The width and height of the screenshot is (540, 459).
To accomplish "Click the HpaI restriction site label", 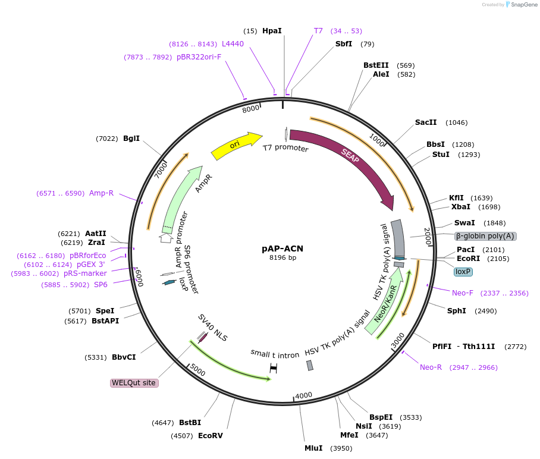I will (x=272, y=30).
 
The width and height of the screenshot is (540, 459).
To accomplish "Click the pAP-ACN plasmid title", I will (x=282, y=249).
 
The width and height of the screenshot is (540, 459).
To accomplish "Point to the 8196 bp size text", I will (x=282, y=257).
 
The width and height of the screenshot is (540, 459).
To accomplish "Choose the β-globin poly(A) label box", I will (x=485, y=236).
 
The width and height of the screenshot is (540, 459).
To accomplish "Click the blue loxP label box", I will (x=463, y=272).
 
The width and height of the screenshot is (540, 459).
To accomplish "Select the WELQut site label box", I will (x=134, y=383).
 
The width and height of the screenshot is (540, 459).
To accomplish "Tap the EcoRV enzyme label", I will (x=210, y=436).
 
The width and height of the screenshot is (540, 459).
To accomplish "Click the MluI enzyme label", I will (x=313, y=448).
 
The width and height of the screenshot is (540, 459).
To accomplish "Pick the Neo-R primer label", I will (x=431, y=367).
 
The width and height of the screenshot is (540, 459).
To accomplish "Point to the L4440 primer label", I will (x=233, y=44).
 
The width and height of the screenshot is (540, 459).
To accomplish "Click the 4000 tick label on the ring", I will (x=304, y=395).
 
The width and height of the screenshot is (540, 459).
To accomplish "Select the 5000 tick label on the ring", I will (x=197, y=372).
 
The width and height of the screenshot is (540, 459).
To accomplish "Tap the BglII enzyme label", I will (x=131, y=139).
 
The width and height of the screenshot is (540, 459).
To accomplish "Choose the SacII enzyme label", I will (x=426, y=122).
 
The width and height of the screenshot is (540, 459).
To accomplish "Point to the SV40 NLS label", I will (x=213, y=328).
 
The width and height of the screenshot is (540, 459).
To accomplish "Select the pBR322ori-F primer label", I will (x=199, y=57).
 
